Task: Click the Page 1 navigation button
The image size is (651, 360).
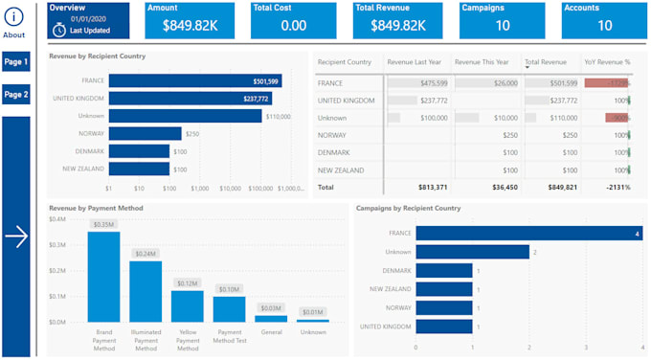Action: pos(15,62)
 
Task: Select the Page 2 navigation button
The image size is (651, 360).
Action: pos(15,95)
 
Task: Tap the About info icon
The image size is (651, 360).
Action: pos(14,16)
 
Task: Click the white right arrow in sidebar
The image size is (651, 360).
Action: pos(16,238)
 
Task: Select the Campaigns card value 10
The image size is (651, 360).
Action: pos(502,26)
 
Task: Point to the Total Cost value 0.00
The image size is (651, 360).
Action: pos(294,26)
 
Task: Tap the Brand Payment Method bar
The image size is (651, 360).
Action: pos(103,277)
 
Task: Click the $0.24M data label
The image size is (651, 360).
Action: pos(146,254)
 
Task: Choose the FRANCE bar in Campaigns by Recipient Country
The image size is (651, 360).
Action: pos(528,233)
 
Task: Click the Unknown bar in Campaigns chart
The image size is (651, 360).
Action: pos(470,252)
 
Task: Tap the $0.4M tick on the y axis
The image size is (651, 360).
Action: pos(56,218)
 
